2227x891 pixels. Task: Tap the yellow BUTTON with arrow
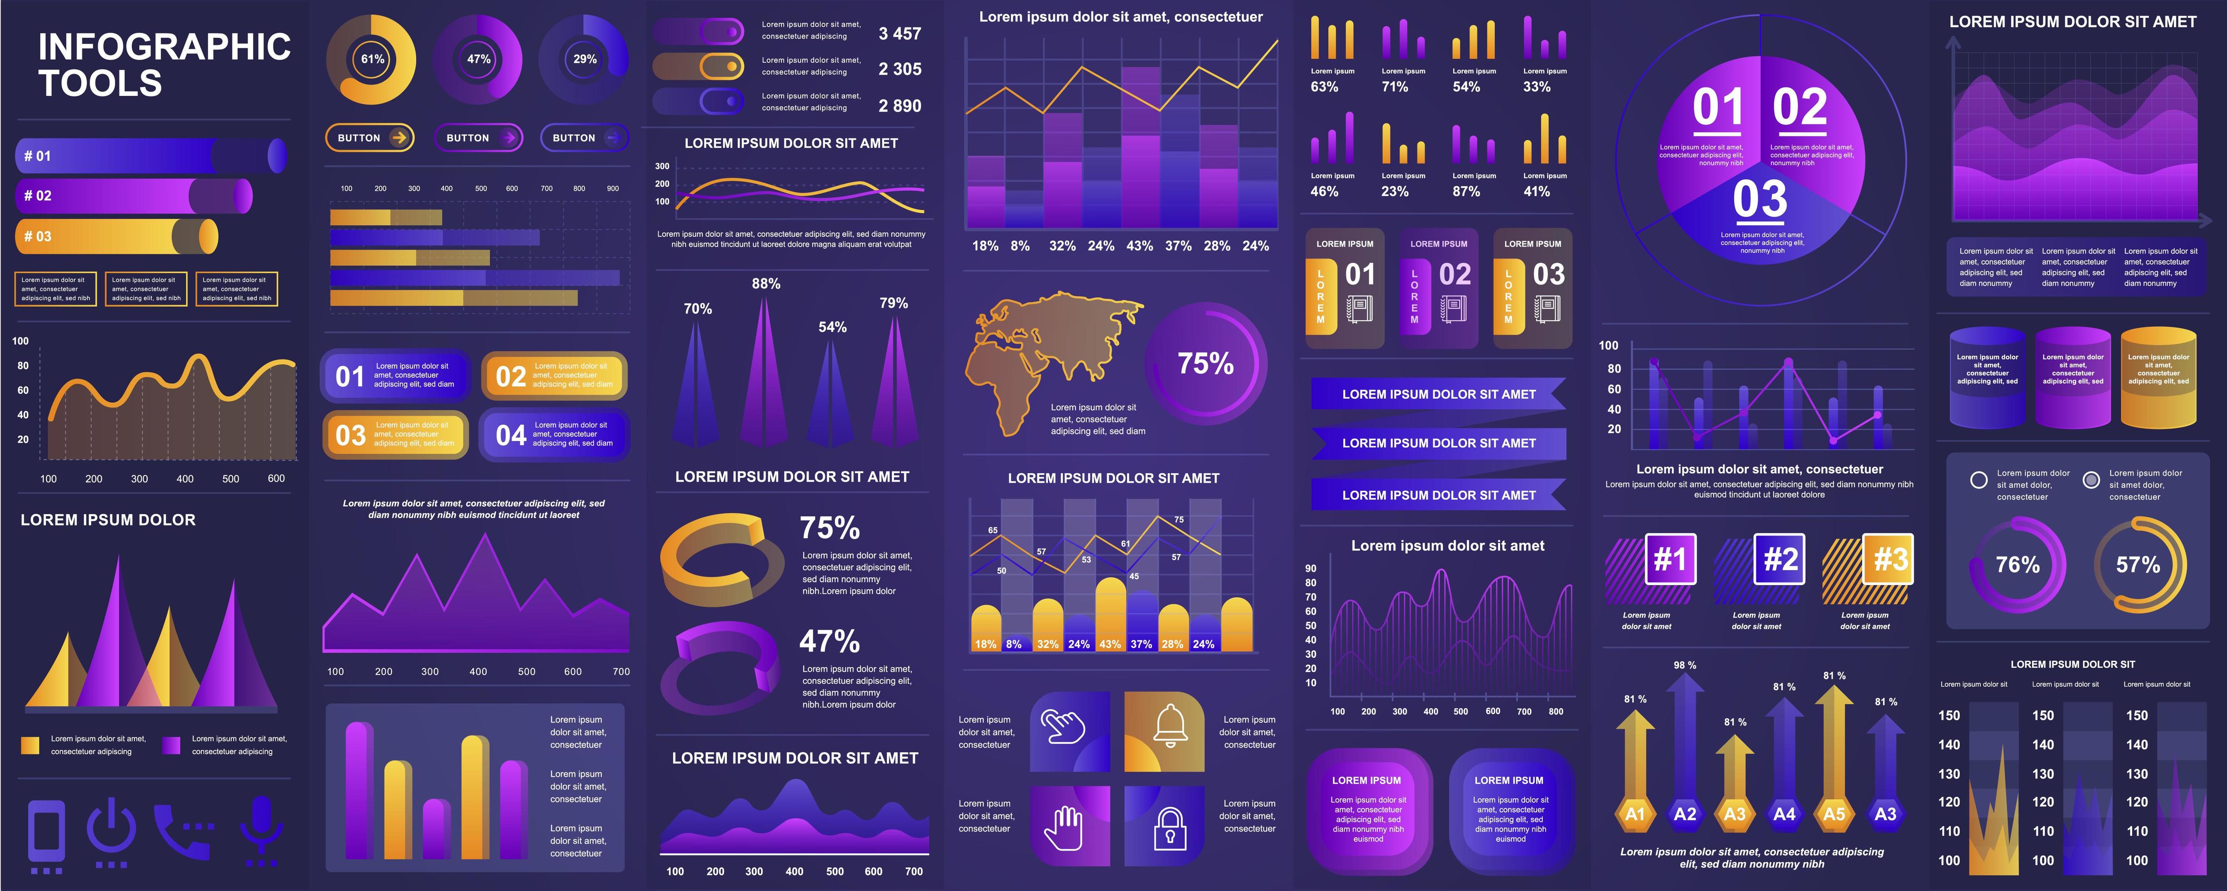click(x=370, y=138)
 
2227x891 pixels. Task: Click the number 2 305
click(x=900, y=69)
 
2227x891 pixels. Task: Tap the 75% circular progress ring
click(x=1206, y=363)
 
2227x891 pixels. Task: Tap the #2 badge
click(x=1780, y=560)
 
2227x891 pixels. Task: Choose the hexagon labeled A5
click(x=1834, y=813)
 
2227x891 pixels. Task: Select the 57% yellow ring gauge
click(x=2139, y=565)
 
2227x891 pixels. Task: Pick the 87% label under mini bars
click(x=1466, y=191)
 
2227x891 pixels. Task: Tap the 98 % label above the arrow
click(x=1685, y=665)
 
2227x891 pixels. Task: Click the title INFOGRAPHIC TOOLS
click(x=164, y=65)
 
